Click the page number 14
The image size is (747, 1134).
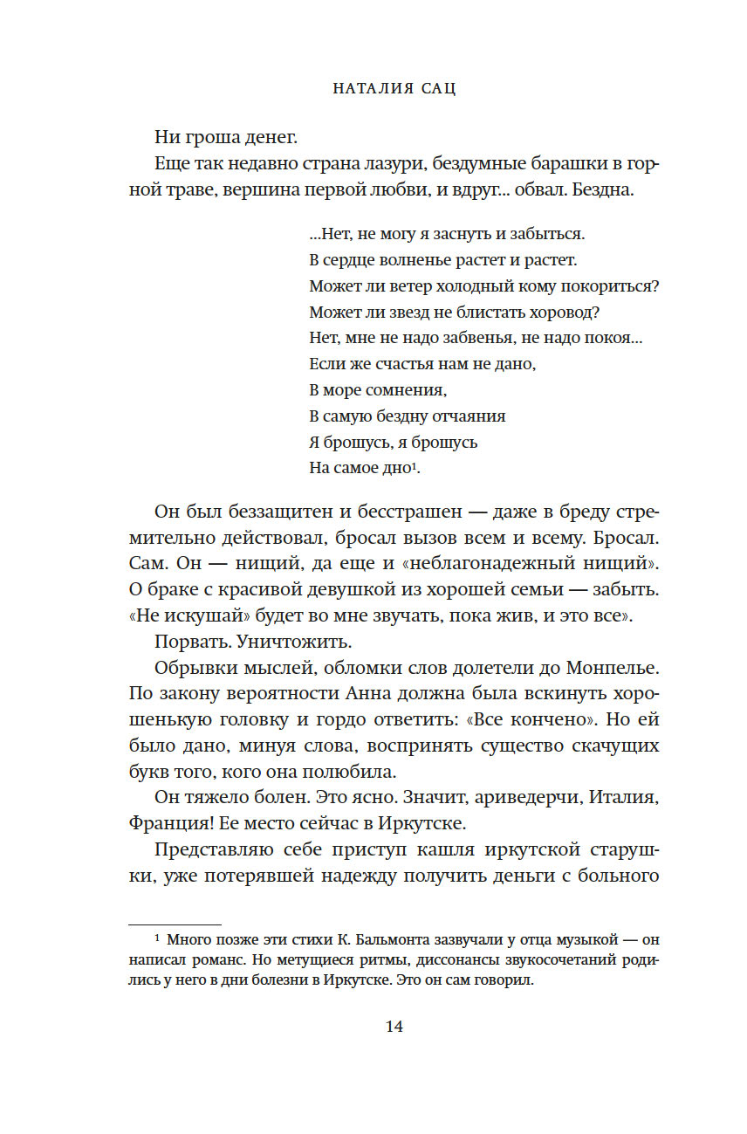pyautogui.click(x=394, y=1027)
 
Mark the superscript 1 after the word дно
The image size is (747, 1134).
pyautogui.click(x=415, y=465)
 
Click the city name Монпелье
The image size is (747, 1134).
pyautogui.click(x=610, y=668)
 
